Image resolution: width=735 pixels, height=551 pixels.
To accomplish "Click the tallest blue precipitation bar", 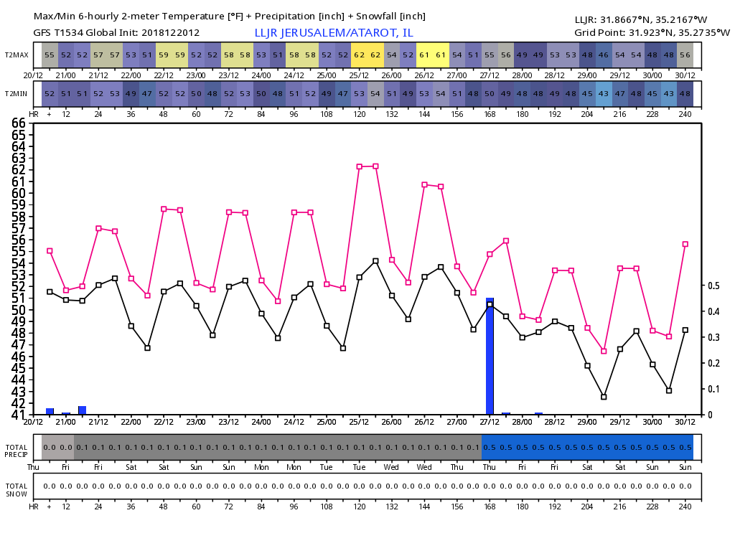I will tap(490, 356).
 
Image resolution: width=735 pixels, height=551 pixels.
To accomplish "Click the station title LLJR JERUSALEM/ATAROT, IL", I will tap(334, 33).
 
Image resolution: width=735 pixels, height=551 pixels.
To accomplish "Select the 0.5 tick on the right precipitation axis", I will tap(714, 286).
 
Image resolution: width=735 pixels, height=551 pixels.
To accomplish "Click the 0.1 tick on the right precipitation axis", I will tap(714, 389).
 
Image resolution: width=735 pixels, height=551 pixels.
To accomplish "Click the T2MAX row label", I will tap(17, 55).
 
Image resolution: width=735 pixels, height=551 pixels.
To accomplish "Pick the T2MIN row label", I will tap(17, 93).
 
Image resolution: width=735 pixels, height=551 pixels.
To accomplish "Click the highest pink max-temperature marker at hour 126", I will tap(375, 166).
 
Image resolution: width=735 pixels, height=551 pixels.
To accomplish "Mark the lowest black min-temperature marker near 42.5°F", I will tap(604, 397).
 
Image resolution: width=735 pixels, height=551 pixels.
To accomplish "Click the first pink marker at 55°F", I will tap(50, 251).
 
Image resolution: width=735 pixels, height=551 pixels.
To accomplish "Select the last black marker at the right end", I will tap(685, 330).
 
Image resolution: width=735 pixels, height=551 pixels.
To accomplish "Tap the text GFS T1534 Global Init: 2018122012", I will tap(116, 33).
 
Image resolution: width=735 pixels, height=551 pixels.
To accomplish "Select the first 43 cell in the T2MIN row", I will tap(604, 93).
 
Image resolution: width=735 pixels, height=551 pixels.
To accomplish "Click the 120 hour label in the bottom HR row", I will tap(359, 506).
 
